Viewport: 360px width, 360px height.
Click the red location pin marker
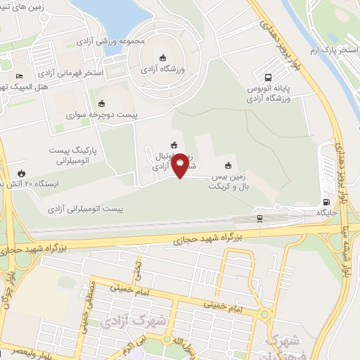tap(180, 164)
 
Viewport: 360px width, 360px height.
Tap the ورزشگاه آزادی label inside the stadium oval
tap(162, 70)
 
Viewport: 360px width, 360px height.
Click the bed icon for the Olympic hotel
tap(19, 76)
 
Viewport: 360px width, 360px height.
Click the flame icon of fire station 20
tap(21, 173)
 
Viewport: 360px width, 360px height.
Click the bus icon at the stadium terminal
tap(268, 78)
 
